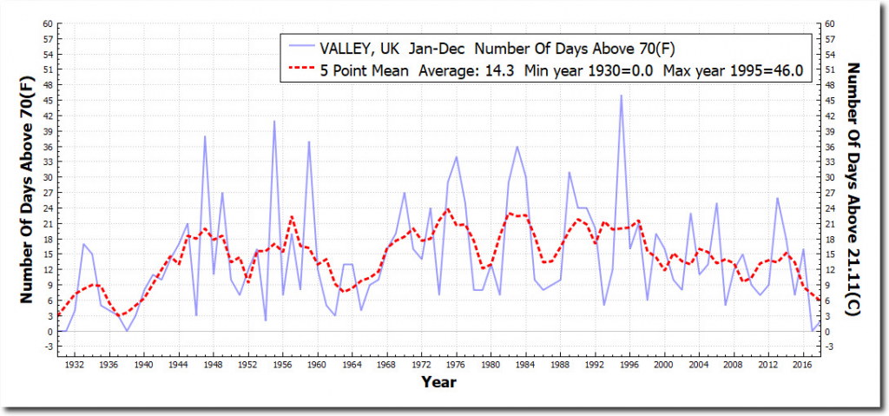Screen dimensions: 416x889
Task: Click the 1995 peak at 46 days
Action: point(621,96)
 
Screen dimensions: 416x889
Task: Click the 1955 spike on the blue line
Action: point(274,122)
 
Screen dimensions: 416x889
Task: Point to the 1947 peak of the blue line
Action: point(205,136)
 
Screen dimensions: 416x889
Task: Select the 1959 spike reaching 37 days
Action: point(309,142)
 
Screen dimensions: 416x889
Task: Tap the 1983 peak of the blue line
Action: point(517,147)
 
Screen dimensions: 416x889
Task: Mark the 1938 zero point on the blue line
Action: point(127,331)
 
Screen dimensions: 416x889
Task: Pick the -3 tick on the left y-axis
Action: point(47,347)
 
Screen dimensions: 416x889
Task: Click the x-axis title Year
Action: point(438,381)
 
